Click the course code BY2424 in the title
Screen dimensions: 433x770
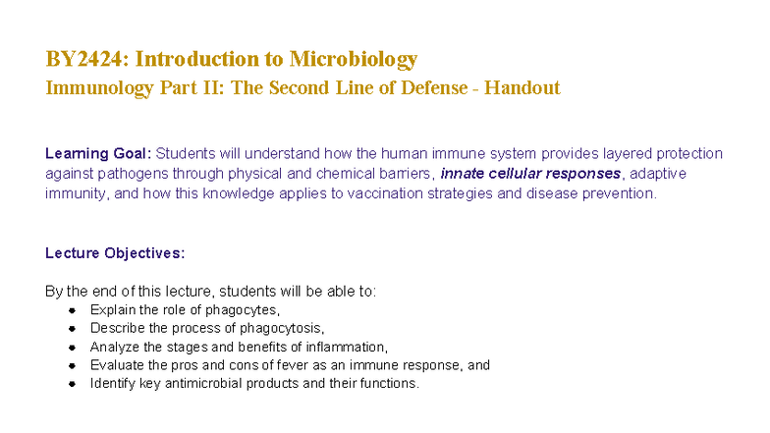click(85, 59)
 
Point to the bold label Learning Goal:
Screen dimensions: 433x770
click(98, 153)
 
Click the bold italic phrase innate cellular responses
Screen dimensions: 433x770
click(530, 174)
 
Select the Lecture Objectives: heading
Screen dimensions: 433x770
click(115, 253)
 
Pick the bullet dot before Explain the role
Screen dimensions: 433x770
click(73, 310)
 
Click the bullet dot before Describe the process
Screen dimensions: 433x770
click(73, 329)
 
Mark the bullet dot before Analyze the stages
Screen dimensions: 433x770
click(73, 347)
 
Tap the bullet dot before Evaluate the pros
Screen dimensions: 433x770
click(73, 365)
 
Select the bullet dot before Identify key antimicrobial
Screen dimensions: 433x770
click(73, 384)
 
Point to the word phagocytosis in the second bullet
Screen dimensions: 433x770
click(286, 329)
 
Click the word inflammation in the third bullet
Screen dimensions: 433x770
click(349, 347)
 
